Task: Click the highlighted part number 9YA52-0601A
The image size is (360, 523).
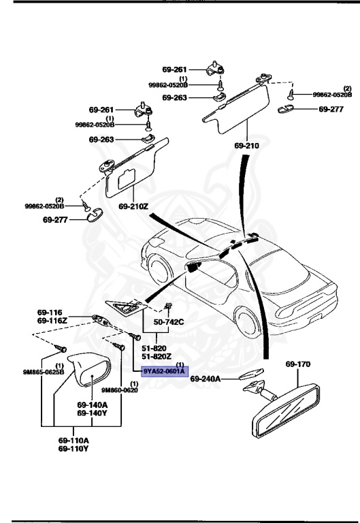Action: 163,372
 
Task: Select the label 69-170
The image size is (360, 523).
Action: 297,364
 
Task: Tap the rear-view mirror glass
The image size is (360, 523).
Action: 286,413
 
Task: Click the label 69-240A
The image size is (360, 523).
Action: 211,379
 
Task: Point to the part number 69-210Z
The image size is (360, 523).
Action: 133,206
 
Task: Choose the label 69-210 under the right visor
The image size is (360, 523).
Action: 246,146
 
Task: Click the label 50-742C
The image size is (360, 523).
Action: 168,321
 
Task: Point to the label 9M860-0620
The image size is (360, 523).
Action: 120,390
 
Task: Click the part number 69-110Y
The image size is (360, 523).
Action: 73,449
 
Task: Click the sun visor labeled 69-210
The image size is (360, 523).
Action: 231,109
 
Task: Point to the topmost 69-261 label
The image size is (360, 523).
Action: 175,69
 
